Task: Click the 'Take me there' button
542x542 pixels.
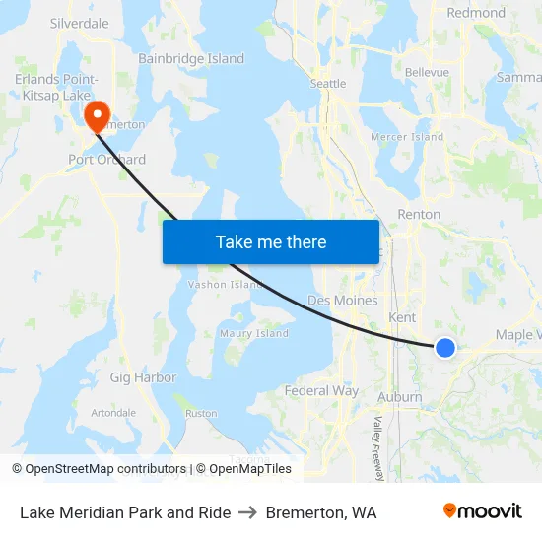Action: click(271, 241)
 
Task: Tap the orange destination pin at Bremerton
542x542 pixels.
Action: click(97, 117)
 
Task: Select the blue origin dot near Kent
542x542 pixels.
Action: click(445, 347)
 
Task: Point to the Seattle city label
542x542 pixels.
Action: click(328, 84)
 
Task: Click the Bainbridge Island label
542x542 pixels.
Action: click(191, 59)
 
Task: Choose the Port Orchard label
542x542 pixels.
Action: click(106, 160)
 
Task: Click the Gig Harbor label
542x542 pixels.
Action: click(143, 377)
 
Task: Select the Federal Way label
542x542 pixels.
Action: click(321, 391)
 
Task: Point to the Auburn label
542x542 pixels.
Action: click(400, 397)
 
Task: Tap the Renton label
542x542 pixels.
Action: click(418, 214)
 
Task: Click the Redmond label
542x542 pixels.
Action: click(476, 13)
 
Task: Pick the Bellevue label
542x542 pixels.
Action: click(427, 72)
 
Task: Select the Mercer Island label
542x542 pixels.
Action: click(406, 137)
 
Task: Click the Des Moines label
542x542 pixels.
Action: click(342, 300)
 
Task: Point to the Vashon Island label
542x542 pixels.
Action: click(225, 285)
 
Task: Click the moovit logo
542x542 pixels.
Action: click(482, 511)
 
